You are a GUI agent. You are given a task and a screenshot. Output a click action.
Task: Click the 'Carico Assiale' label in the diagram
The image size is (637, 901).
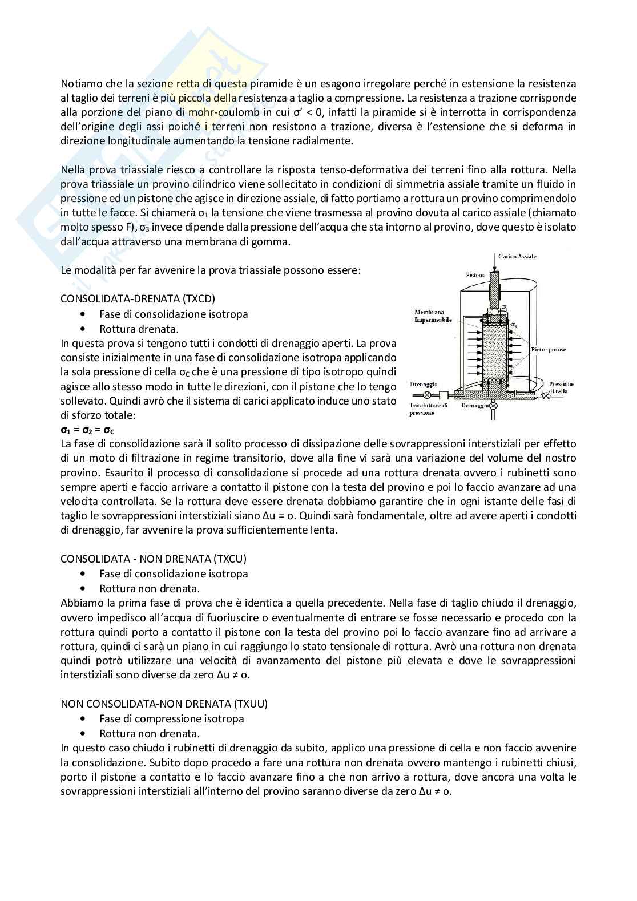click(517, 257)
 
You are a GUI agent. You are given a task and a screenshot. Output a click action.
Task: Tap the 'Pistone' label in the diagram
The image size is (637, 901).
click(475, 275)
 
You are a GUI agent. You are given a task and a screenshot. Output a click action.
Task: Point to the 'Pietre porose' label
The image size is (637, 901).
click(548, 349)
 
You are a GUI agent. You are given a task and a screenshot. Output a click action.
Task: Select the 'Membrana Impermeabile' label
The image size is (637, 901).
click(433, 316)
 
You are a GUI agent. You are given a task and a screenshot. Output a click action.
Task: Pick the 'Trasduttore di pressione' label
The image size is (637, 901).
click(429, 409)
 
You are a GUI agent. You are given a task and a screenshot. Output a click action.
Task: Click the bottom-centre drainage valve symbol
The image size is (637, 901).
click(494, 406)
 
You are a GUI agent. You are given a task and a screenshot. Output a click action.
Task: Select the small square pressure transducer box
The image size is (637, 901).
click(443, 394)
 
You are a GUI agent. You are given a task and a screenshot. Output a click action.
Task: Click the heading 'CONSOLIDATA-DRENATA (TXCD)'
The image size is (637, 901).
click(138, 299)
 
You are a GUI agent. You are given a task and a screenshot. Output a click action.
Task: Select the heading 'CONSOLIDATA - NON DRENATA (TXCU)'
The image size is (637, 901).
click(154, 559)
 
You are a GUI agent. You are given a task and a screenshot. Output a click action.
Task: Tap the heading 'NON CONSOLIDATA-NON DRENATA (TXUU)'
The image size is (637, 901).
click(164, 704)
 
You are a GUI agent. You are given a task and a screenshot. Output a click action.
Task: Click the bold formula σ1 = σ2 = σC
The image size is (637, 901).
click(91, 430)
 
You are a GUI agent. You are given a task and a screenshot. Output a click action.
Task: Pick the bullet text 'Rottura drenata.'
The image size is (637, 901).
click(139, 329)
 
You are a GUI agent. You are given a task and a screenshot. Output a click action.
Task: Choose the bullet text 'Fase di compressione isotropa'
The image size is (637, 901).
click(171, 719)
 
